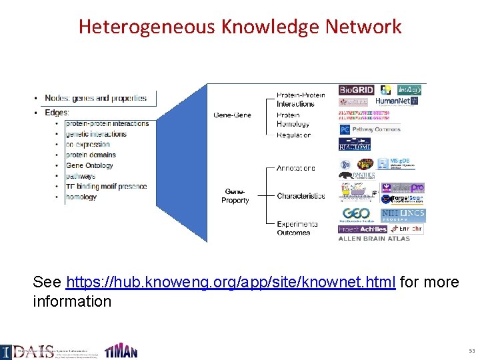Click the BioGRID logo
[x=357, y=89]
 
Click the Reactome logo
[x=355, y=144]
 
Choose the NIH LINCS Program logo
[x=403, y=215]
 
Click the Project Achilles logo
[x=363, y=229]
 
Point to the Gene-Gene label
[x=232, y=115]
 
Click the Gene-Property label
[x=235, y=196]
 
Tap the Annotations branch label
[x=296, y=168]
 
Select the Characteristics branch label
[x=301, y=196]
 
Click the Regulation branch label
[x=293, y=135]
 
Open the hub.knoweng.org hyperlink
[x=232, y=282]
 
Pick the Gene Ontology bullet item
[x=91, y=165]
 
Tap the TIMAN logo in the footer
[x=121, y=351]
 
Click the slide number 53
[x=471, y=350]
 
